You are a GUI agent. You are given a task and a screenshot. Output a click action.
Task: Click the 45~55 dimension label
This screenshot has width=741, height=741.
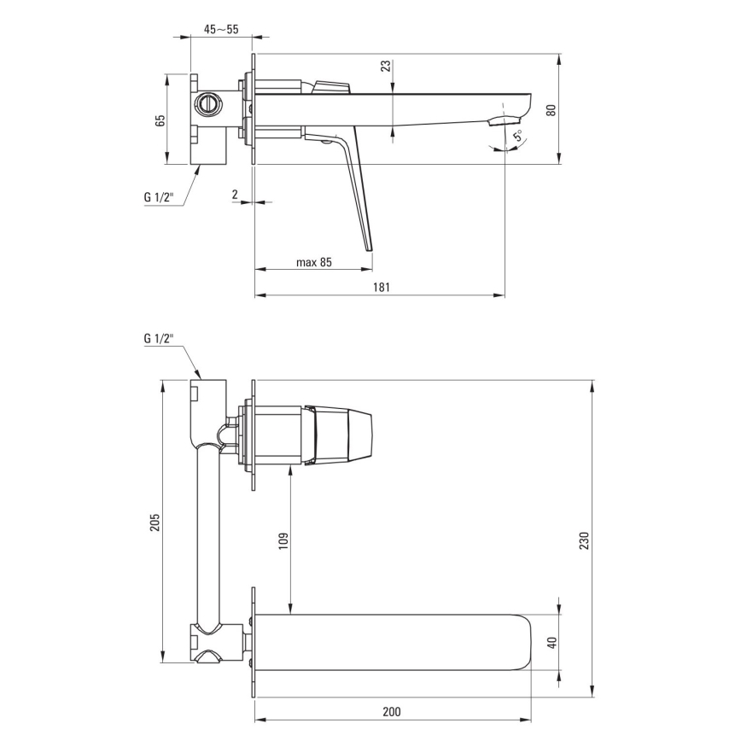(221, 29)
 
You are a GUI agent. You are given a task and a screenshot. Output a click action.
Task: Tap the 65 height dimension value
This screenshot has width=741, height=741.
(160, 120)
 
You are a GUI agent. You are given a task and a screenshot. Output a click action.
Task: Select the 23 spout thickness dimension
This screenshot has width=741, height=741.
(386, 66)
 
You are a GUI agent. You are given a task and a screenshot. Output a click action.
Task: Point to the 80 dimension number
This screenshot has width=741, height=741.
(551, 109)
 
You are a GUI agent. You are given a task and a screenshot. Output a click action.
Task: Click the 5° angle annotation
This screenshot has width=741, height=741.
(518, 136)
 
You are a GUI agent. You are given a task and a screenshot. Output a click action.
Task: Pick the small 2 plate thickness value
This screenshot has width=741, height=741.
(235, 195)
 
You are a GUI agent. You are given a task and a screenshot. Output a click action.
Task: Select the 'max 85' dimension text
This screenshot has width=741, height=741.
(314, 262)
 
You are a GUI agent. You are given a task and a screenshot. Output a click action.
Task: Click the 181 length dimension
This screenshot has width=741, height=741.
(382, 287)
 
